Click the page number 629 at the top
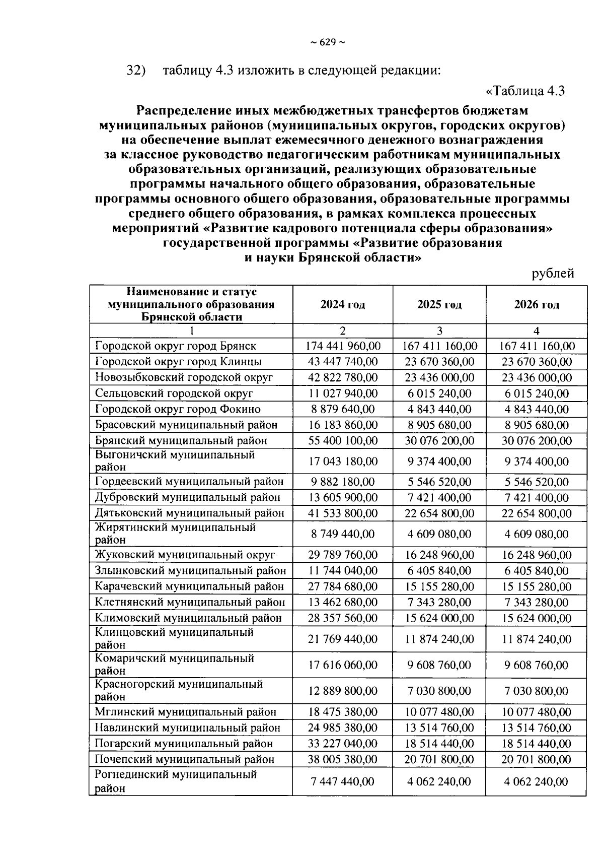click(x=327, y=42)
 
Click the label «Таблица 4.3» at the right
click(x=525, y=91)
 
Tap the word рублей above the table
click(x=553, y=274)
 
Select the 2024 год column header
click(x=343, y=304)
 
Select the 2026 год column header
click(x=537, y=304)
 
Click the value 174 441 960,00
click(x=343, y=346)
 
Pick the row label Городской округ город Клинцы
click(x=178, y=362)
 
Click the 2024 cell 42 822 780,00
click(x=343, y=377)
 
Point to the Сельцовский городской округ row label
click(x=174, y=393)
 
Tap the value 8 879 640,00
click(x=343, y=409)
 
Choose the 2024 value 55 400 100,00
click(x=343, y=440)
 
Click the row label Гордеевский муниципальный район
click(x=189, y=482)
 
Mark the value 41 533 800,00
click(x=343, y=513)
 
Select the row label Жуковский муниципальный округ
click(x=185, y=555)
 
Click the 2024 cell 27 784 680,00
click(x=343, y=586)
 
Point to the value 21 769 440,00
click(x=343, y=639)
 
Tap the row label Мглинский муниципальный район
click(x=185, y=712)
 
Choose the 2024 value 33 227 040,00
click(x=343, y=744)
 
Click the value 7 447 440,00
click(x=343, y=781)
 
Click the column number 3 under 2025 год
click(x=439, y=331)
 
